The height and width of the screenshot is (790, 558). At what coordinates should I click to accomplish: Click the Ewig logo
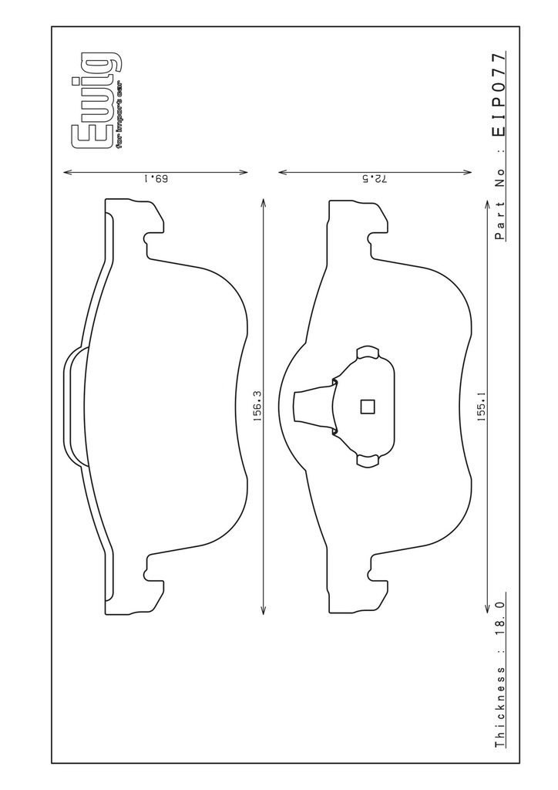[97, 100]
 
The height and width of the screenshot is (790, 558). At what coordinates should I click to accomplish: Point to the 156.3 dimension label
[257, 406]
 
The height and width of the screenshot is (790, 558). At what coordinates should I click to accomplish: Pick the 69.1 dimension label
[156, 178]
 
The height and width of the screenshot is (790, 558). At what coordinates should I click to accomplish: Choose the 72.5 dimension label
[375, 178]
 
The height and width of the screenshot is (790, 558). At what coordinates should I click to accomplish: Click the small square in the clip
[368, 406]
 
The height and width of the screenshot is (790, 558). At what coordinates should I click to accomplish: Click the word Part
[499, 220]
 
